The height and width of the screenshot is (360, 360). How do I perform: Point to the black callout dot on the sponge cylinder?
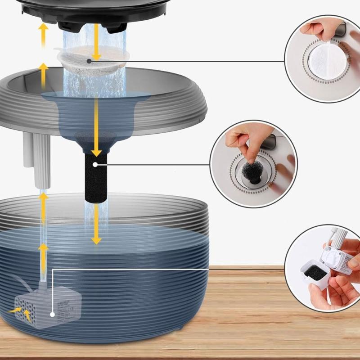[95, 165]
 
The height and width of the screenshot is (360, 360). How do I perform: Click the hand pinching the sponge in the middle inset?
[245, 137]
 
